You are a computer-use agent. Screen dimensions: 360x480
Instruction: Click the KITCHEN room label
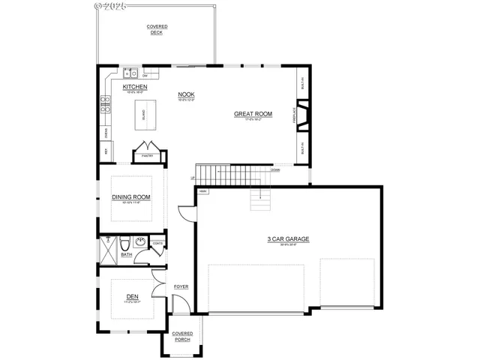pyautogui.click(x=135, y=87)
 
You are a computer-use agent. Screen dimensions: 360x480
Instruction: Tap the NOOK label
pyautogui.click(x=184, y=94)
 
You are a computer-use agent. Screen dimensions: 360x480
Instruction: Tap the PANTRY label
pyautogui.click(x=148, y=156)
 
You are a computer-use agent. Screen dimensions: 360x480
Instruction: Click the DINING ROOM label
pyautogui.click(x=131, y=197)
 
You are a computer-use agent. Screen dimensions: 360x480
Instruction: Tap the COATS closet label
pyautogui.click(x=157, y=244)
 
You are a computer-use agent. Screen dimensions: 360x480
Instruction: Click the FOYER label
pyautogui.click(x=181, y=286)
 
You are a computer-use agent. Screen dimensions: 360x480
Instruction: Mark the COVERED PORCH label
pyautogui.click(x=182, y=336)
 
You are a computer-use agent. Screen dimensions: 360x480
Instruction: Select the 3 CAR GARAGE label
pyautogui.click(x=289, y=239)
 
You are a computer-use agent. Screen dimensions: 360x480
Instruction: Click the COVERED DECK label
pyautogui.click(x=157, y=29)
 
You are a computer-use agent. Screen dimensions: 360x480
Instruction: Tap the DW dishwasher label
pyautogui.click(x=144, y=75)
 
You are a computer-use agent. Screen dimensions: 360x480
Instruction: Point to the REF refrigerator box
pyautogui.click(x=106, y=151)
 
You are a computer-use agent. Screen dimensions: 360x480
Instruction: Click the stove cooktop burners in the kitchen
pyautogui.click(x=105, y=104)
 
